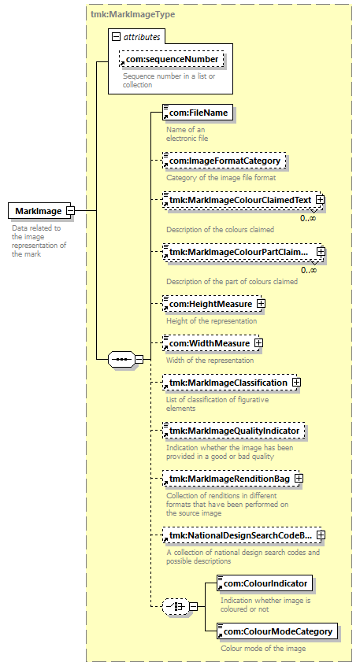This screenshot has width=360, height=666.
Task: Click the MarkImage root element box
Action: [x=39, y=211]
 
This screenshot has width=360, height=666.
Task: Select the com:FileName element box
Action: [x=198, y=113]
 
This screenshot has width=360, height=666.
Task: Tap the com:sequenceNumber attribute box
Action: [x=171, y=60]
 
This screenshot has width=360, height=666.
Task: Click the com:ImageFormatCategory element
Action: [x=224, y=161]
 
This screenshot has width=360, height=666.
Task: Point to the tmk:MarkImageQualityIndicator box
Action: [x=234, y=431]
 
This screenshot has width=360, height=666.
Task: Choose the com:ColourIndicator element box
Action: [x=265, y=583]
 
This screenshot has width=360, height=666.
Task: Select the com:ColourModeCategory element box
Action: [x=277, y=631]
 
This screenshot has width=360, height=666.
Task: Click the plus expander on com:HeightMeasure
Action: [x=261, y=304]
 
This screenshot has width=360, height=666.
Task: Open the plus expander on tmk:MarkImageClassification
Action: [x=296, y=383]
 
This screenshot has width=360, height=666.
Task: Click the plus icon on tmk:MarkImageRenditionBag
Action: [x=299, y=479]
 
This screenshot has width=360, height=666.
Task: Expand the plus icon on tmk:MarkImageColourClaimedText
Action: [x=321, y=199]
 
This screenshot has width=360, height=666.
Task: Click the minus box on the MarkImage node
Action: [x=71, y=211]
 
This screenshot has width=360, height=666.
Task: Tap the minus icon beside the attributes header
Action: [x=116, y=37]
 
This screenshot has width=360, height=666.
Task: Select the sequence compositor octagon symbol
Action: [x=121, y=360]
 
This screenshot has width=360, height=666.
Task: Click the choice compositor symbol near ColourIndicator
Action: [x=176, y=606]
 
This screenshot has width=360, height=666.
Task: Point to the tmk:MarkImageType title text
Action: [x=132, y=14]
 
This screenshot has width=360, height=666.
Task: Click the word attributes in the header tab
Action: [x=142, y=37]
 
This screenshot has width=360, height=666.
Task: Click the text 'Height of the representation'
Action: [x=212, y=321]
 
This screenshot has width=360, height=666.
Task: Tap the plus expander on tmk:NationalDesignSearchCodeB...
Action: [x=321, y=535]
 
